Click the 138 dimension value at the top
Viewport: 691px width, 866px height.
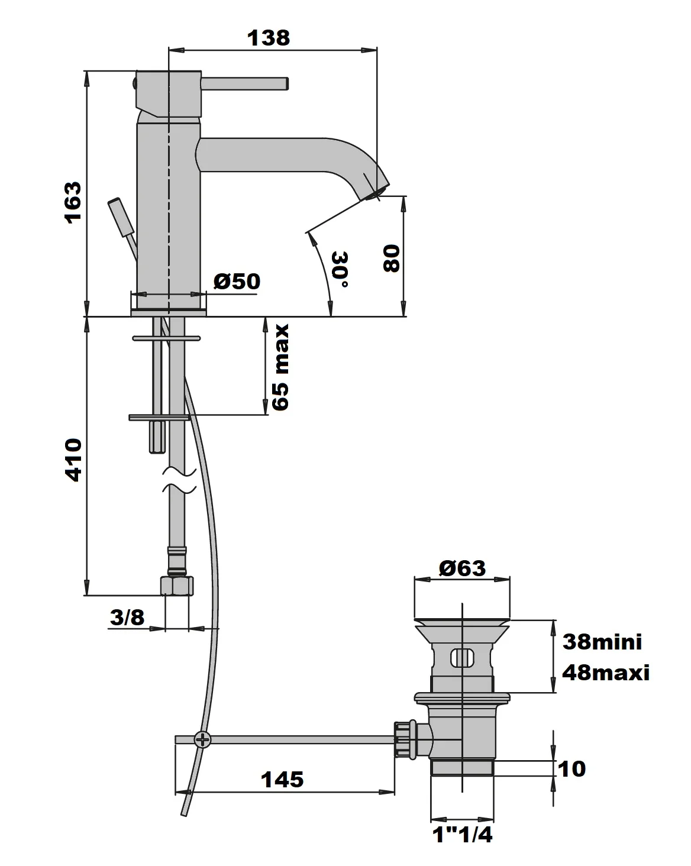[269, 38]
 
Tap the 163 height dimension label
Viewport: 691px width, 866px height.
[72, 202]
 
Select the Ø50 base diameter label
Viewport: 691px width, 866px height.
[236, 282]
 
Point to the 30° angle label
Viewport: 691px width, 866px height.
[340, 272]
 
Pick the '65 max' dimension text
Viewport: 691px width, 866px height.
[279, 367]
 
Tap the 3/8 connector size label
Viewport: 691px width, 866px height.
[127, 618]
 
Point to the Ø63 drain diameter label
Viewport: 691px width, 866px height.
[462, 568]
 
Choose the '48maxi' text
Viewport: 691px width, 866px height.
[605, 673]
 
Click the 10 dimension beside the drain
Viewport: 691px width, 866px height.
[571, 768]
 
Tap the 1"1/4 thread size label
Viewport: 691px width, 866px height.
[462, 835]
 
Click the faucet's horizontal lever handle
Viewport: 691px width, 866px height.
[245, 84]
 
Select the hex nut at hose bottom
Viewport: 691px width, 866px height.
[177, 586]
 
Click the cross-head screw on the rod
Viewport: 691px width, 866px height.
[202, 739]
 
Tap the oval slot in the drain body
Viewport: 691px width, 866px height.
[462, 657]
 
